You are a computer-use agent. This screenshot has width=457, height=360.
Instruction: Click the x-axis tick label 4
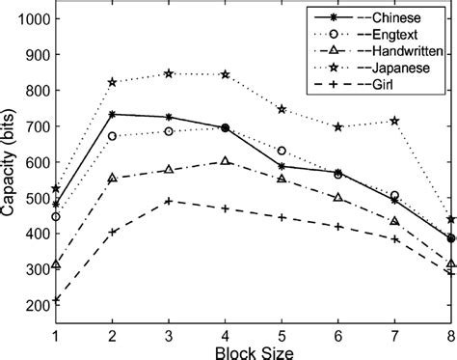click(x=226, y=334)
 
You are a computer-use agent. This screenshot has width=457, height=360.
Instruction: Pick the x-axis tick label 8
click(x=451, y=334)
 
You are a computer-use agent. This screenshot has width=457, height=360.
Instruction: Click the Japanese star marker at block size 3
click(x=169, y=73)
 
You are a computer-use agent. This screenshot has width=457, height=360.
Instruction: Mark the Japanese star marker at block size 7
click(x=394, y=121)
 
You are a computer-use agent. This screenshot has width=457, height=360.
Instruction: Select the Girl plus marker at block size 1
click(x=56, y=273)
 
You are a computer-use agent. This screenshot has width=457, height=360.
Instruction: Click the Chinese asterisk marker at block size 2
click(x=113, y=114)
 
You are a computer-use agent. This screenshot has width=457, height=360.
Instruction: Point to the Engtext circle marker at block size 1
click(x=56, y=216)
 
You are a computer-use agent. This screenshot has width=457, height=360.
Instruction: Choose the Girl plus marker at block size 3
click(x=169, y=201)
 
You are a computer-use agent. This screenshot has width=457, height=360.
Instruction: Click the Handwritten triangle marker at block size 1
click(x=56, y=263)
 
